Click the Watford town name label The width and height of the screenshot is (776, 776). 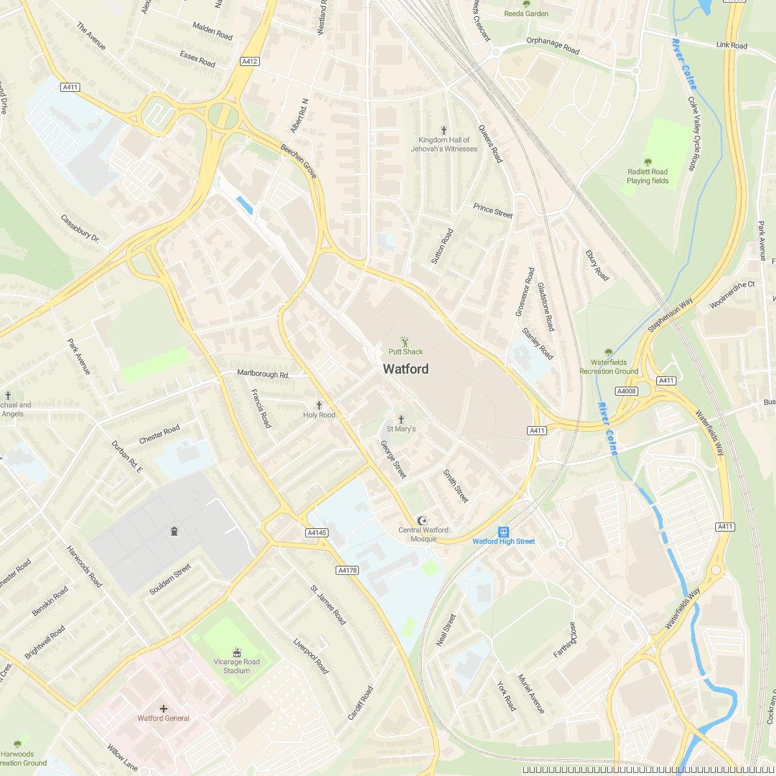point(405,369)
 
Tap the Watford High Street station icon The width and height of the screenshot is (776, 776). point(503,532)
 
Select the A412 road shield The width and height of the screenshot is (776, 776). point(250,61)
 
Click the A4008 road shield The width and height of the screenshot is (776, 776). point(626,391)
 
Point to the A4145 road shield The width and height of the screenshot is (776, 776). point(317,533)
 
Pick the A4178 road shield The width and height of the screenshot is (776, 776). point(347,570)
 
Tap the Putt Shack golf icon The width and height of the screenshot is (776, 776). point(405,341)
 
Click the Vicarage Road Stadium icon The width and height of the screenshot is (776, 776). point(237,652)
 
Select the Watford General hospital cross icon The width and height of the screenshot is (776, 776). point(164,708)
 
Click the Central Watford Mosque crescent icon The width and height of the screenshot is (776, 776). point(423,521)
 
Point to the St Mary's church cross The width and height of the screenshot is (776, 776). point(401,419)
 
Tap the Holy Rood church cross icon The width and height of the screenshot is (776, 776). point(319,405)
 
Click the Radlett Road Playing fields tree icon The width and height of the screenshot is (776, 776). point(647,162)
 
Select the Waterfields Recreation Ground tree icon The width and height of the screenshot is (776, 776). point(609,352)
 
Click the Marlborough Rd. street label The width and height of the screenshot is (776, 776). point(263,374)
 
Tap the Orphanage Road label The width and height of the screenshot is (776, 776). point(553,46)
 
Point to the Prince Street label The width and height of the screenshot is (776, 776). point(493,210)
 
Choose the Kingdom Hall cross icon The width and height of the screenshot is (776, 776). point(444,131)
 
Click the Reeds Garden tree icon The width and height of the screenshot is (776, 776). point(526,4)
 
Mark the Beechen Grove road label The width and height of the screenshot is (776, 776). point(299,161)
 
